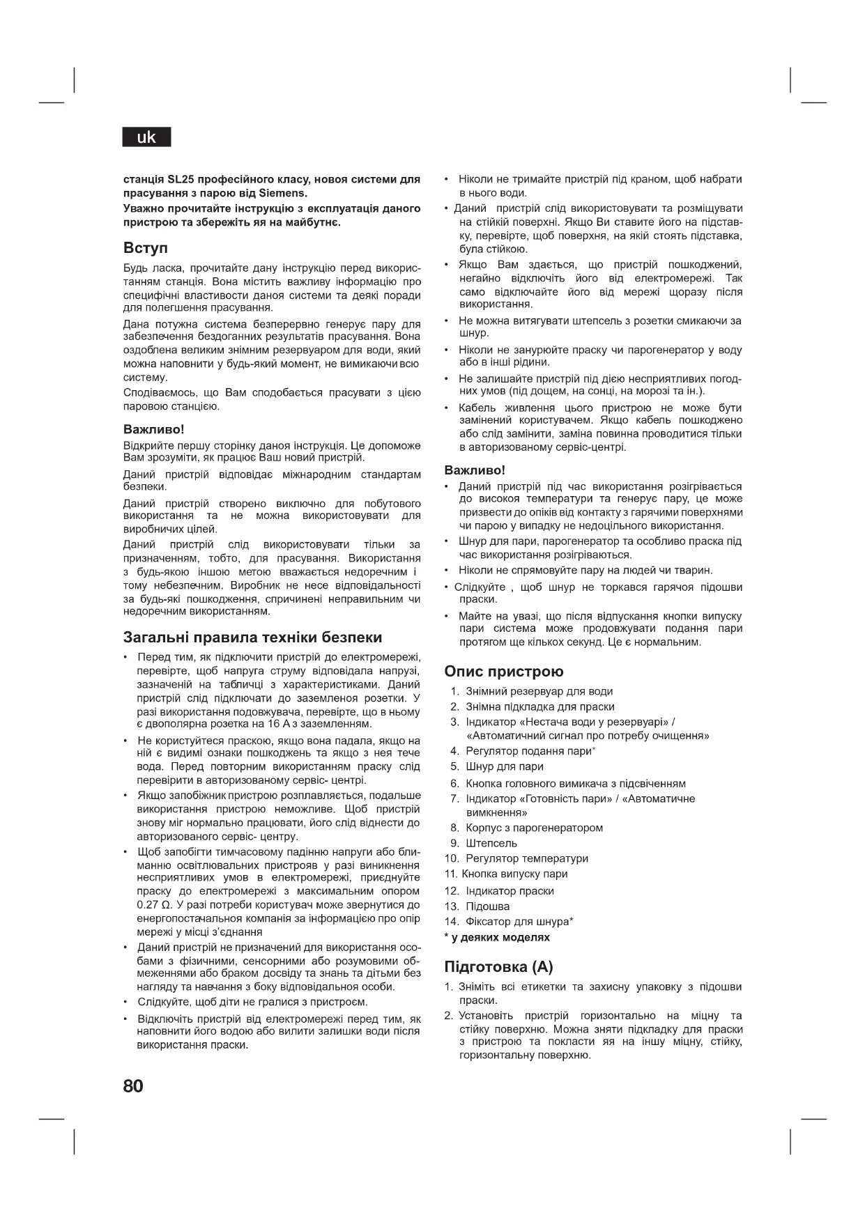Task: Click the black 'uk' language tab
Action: (146, 137)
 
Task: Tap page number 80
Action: (133, 1086)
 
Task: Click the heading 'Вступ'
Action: (146, 248)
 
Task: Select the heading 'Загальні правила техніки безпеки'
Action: (252, 637)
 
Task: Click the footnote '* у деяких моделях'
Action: (497, 938)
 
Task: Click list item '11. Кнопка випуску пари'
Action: (506, 874)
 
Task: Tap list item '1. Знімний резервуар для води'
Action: (531, 691)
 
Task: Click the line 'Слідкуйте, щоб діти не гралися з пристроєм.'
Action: (252, 1002)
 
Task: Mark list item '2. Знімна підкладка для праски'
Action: (532, 706)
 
